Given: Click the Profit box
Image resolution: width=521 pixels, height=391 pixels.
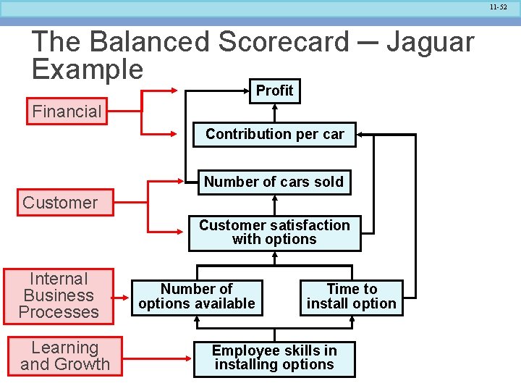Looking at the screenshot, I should (275, 91).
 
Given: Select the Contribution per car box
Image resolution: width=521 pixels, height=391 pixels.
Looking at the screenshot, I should (274, 135).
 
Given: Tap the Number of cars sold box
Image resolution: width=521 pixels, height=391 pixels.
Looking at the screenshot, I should (274, 182).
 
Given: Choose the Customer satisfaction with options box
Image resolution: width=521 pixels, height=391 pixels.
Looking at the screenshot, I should (274, 232).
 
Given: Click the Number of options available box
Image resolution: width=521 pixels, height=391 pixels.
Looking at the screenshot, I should (197, 297).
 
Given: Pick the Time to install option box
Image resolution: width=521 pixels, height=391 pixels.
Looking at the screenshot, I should (352, 297).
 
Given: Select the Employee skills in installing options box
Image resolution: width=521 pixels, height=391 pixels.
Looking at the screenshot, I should (274, 358).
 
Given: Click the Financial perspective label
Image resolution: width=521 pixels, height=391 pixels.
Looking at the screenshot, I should (67, 112).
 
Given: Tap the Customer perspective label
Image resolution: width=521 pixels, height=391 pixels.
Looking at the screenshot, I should (60, 203).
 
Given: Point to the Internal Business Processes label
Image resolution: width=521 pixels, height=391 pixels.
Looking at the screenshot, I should (59, 295).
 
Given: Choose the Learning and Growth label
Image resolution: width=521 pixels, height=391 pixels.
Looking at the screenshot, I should (65, 356).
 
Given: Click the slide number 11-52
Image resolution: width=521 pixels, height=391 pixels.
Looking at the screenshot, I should (498, 7).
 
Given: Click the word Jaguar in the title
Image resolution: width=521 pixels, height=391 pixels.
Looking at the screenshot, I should (430, 42).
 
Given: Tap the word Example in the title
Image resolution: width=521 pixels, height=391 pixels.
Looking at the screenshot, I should (88, 70).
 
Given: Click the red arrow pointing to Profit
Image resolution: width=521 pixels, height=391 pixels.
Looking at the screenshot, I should (162, 91).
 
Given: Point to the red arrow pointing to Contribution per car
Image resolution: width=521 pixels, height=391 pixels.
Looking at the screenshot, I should (162, 134).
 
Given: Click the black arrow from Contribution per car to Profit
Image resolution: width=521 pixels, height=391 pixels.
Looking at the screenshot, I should (275, 113).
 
